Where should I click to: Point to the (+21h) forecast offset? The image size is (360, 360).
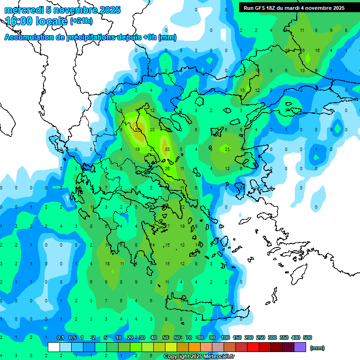click(x=81, y=21)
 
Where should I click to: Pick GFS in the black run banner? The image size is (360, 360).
click(x=262, y=8)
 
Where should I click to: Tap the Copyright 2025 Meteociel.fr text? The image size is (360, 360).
click(x=199, y=357)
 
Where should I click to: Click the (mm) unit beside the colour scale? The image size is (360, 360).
click(x=317, y=348)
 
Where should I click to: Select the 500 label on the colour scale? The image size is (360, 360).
click(x=307, y=337)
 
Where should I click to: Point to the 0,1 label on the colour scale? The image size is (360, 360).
click(x=60, y=337)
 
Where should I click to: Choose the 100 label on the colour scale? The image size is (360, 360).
click(x=225, y=337)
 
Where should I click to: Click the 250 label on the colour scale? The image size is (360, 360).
click(x=261, y=337)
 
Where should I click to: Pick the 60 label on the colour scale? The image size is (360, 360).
click(x=177, y=337)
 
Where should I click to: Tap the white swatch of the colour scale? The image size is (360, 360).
click(x=54, y=347)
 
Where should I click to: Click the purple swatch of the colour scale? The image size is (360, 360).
click(x=300, y=347)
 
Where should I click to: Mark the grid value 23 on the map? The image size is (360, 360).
click(x=227, y=150)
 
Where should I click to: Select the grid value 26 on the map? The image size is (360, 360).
click(x=167, y=168)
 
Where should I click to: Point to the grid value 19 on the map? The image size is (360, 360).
click(x=137, y=150)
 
